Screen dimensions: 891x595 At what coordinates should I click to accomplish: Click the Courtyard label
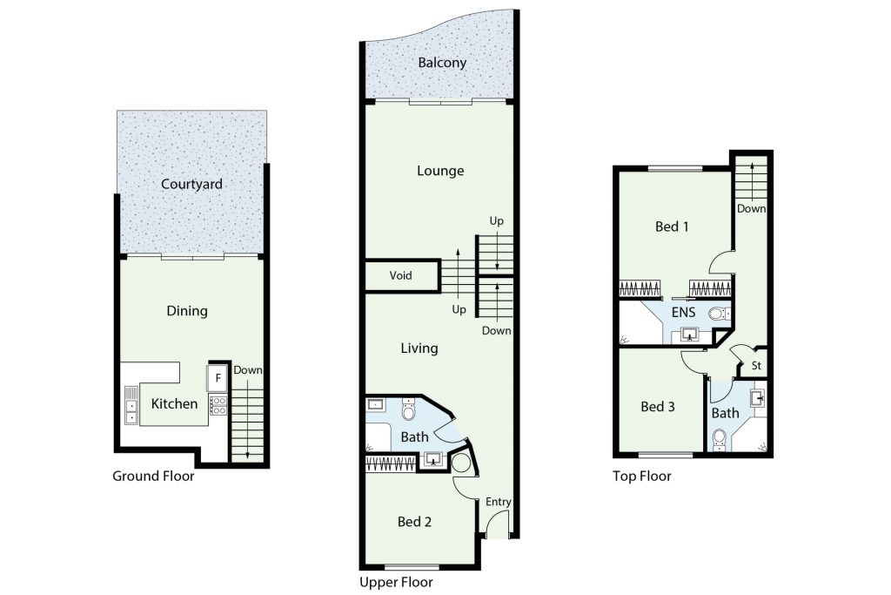[x=191, y=185]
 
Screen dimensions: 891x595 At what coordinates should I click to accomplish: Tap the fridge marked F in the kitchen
[x=218, y=378]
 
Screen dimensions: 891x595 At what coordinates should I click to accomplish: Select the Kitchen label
[x=174, y=404]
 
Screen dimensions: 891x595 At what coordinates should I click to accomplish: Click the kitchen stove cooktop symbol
[x=218, y=405]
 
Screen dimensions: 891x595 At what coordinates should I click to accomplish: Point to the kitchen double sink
[x=131, y=405]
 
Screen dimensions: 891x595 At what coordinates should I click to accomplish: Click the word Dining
[x=187, y=311]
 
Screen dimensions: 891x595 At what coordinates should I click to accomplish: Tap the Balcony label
[x=442, y=63]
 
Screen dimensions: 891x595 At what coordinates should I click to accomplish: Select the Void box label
[x=400, y=276]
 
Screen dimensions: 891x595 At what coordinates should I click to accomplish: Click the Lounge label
[x=440, y=171]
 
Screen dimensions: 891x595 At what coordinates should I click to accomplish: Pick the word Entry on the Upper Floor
[x=499, y=502]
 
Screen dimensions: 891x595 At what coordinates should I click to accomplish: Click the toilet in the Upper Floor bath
[x=409, y=409]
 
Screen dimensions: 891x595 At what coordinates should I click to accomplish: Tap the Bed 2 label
[x=414, y=522]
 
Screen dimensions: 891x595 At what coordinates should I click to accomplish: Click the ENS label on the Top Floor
[x=683, y=312]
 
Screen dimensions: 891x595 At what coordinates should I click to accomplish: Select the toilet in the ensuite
[x=719, y=314]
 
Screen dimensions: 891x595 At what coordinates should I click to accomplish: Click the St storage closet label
[x=756, y=366]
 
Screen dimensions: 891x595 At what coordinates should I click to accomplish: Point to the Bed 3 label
[x=658, y=407]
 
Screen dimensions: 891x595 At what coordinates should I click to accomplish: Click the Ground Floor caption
[x=153, y=477]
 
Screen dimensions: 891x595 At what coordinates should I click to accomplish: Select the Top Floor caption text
[x=642, y=477]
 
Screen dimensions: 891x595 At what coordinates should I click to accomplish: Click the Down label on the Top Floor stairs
[x=751, y=209]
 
